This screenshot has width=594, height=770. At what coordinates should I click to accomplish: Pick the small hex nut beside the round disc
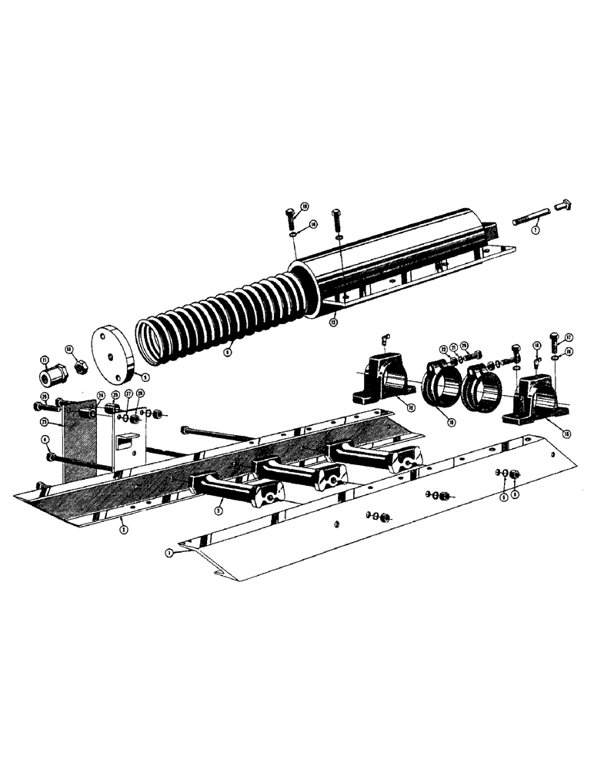pyautogui.click(x=78, y=368)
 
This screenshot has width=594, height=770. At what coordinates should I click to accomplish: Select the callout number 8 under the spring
pyautogui.click(x=228, y=353)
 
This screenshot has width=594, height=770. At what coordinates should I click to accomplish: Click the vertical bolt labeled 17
pyautogui.click(x=556, y=340)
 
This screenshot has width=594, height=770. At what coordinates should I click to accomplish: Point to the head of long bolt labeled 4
pyautogui.click(x=50, y=457)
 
